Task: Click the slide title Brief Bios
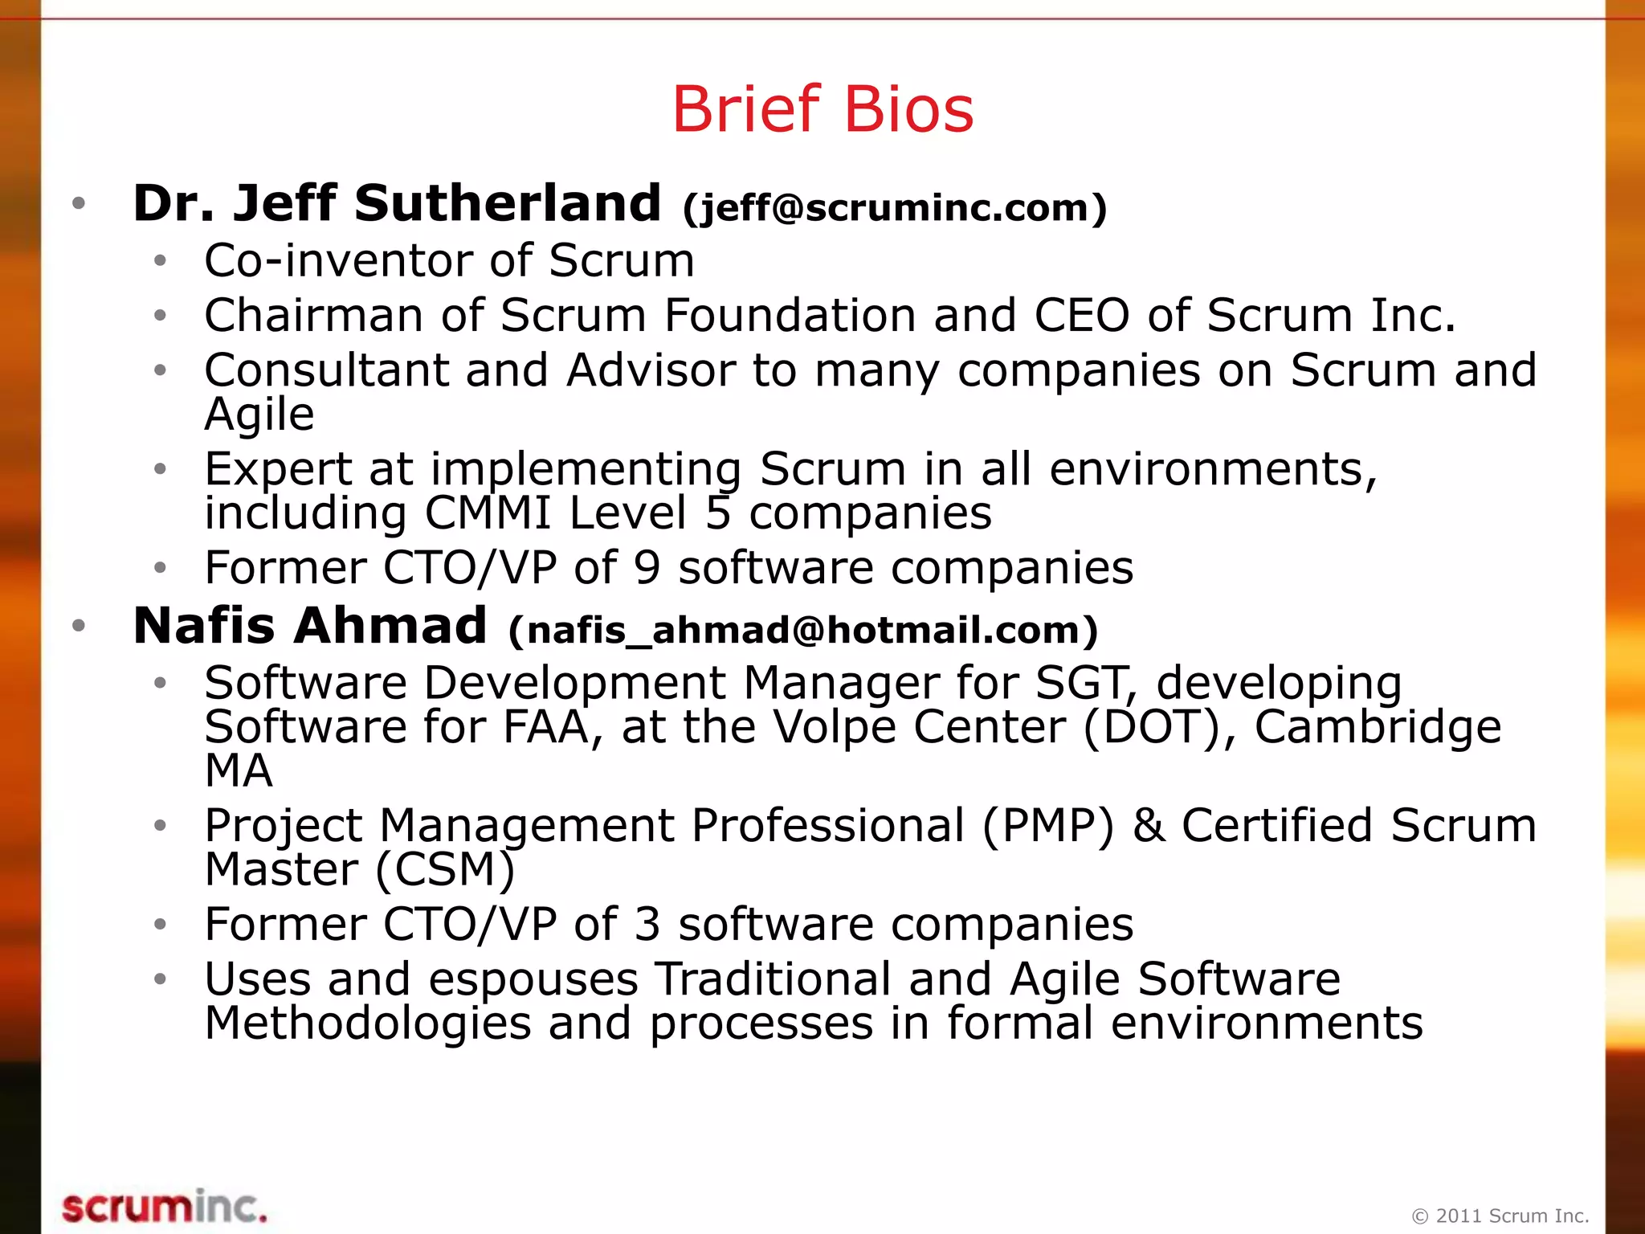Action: (822, 109)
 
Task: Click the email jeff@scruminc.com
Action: (895, 207)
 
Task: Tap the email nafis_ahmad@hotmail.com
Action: (803, 630)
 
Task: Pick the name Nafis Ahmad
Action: (310, 626)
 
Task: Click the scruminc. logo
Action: (164, 1207)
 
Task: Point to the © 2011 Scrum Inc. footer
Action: (1500, 1216)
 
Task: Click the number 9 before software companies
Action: (647, 568)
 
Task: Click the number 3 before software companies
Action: (647, 925)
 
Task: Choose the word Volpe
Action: (833, 728)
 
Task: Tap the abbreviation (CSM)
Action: (445, 870)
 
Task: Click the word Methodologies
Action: (368, 1024)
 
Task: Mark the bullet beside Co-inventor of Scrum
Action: (161, 261)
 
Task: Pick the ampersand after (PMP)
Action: (1149, 826)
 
